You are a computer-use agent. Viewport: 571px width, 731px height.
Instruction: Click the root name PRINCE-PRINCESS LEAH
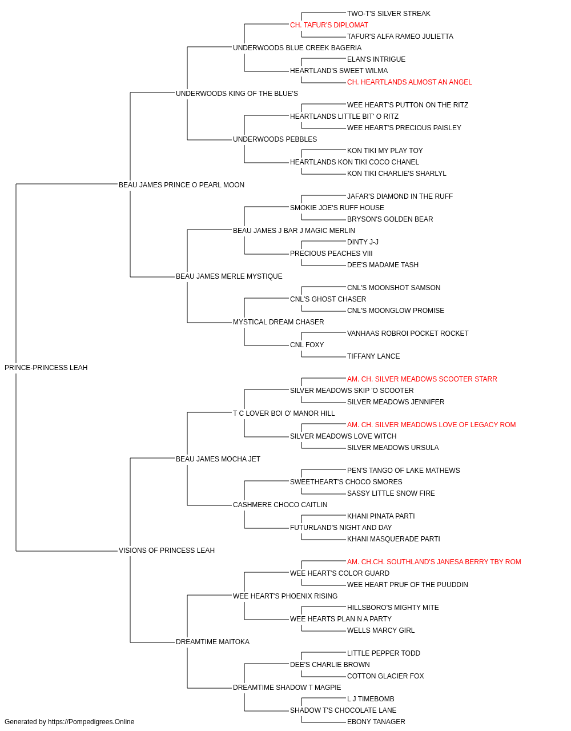46,368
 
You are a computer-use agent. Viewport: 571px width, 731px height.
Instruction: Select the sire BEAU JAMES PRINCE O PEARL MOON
182,185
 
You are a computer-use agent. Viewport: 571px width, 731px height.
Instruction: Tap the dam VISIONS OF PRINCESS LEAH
167,551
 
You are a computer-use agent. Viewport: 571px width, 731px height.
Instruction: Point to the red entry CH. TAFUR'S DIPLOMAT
329,25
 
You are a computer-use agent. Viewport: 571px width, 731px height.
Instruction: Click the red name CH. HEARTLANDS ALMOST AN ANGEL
409,82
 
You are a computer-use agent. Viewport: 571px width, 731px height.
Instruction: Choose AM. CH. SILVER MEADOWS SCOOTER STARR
422,379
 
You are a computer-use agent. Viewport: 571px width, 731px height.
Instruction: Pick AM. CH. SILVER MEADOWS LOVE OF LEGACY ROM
432,425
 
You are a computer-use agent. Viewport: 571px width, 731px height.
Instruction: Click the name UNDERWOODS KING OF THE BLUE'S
237,94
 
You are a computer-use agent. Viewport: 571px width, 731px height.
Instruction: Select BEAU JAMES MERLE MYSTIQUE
229,276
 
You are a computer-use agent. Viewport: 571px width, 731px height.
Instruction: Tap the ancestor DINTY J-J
363,242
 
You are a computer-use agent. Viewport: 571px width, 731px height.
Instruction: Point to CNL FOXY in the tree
307,345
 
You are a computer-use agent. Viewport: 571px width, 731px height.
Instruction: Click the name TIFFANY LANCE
373,356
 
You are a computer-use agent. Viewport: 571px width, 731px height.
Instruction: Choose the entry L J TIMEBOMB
371,699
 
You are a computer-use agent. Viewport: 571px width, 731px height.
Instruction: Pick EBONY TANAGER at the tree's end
376,722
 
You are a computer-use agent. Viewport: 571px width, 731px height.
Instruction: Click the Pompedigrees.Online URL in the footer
91,722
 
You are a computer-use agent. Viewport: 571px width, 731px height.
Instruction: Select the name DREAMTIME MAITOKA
212,642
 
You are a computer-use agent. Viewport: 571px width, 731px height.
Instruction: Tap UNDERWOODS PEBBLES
275,139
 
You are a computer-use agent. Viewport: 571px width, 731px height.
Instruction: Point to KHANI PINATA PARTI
381,516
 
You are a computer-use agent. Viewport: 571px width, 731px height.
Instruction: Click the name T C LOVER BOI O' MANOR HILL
284,413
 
